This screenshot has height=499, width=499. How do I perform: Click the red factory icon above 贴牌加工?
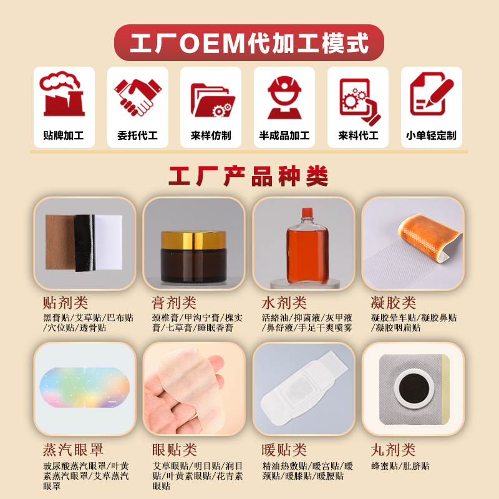coord(63,94)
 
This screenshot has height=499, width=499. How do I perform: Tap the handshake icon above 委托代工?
coord(138,97)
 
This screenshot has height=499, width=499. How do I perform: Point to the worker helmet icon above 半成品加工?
coord(284,97)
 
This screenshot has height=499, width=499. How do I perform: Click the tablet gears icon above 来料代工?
coord(360,101)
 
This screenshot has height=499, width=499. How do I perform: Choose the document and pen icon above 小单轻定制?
coord(432,94)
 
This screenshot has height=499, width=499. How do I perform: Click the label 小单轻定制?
coord(431,135)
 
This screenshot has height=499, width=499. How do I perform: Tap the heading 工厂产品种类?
coord(248,176)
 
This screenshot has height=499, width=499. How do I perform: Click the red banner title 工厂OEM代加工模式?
coord(249,43)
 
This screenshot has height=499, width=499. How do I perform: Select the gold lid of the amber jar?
coord(193,240)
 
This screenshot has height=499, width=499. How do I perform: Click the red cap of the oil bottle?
coord(307,212)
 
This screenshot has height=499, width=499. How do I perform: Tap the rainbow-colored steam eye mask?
coord(85,387)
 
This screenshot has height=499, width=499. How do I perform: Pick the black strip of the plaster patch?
coord(85,243)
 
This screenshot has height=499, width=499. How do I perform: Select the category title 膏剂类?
coord(174,303)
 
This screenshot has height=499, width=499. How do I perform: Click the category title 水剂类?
coord(284,303)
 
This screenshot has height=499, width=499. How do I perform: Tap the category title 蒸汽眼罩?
coord(73,450)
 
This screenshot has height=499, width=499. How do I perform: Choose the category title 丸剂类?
coord(394,450)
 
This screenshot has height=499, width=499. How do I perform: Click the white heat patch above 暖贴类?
coord(304,389)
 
